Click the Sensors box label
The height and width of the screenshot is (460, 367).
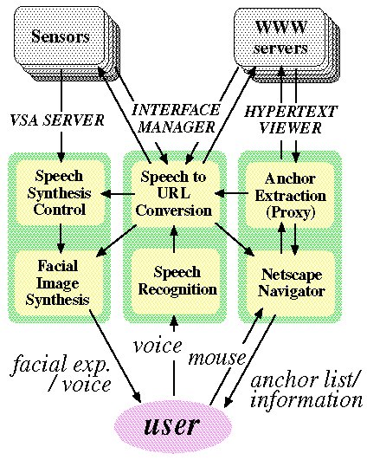tap(61, 36)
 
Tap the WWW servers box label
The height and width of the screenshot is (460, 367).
tap(280, 37)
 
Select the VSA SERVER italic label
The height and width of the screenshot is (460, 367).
tap(57, 120)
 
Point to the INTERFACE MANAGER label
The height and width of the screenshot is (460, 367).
tap(177, 119)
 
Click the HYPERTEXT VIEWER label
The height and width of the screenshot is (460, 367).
tap(291, 120)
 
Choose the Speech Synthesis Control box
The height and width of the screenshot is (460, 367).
tap(60, 192)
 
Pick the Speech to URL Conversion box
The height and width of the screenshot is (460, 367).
tap(175, 194)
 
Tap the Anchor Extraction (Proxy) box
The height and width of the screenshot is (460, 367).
tap(290, 195)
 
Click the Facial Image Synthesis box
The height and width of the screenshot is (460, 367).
tap(59, 282)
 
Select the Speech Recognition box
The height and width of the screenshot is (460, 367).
tap(176, 281)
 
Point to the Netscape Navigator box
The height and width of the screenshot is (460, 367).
tap(291, 282)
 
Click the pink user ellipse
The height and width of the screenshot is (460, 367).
tap(173, 426)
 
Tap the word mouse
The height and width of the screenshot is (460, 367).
tap(216, 359)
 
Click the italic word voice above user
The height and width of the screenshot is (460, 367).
tap(158, 347)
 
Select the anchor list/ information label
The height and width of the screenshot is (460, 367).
tap(306, 391)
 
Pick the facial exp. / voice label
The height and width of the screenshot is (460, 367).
tap(61, 373)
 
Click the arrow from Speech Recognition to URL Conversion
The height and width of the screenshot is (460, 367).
tap(174, 239)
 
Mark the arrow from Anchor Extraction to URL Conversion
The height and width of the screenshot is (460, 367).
tap(232, 193)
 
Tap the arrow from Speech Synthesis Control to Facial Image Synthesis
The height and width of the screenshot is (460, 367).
tap(61, 238)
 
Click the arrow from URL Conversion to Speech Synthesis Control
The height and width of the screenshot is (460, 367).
tap(118, 194)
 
